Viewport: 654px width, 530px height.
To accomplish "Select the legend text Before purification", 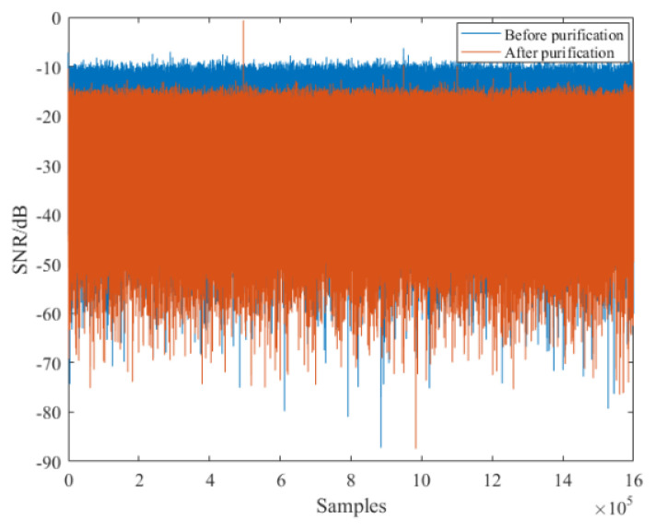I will (564, 35).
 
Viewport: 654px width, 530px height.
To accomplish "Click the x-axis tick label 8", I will (350, 481).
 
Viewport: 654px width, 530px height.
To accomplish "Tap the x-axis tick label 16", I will (632, 481).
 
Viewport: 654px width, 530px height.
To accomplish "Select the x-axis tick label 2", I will (139, 481).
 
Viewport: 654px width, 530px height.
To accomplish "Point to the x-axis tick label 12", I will (491, 481).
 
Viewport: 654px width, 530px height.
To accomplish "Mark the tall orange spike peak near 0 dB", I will (243, 21).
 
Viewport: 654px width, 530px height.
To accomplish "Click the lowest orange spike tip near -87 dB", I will (415, 447).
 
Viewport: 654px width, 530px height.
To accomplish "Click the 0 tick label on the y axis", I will (56, 18).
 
